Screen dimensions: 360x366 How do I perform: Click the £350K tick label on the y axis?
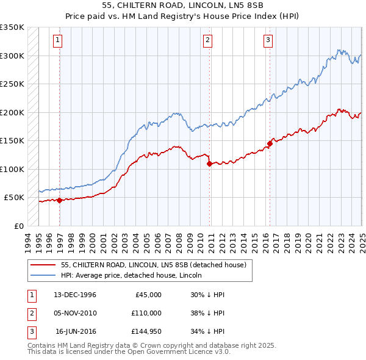(12, 27)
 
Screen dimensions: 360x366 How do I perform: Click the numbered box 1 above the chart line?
(57, 41)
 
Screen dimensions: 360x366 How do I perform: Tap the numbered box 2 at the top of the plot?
(207, 41)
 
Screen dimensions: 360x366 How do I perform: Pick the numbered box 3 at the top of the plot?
(268, 41)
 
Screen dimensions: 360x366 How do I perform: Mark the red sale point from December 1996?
(60, 200)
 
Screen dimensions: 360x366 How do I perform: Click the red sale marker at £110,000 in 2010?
(209, 164)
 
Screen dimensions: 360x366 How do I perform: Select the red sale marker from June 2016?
(270, 144)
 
